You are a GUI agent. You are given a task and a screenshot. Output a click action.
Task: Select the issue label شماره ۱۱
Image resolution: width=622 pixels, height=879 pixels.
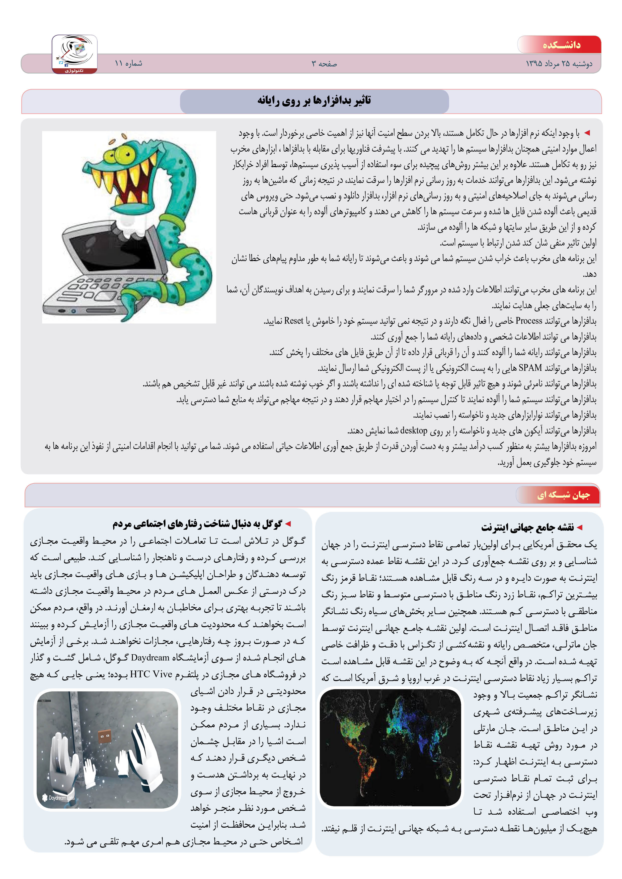click(x=128, y=63)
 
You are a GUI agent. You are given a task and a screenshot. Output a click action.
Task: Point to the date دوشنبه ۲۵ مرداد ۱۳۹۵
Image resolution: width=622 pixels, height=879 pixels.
click(x=559, y=64)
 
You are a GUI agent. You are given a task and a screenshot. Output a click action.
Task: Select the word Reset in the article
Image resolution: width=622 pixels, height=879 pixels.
click(x=293, y=320)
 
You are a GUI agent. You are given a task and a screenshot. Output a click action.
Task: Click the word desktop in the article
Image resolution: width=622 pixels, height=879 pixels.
click(x=414, y=431)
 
